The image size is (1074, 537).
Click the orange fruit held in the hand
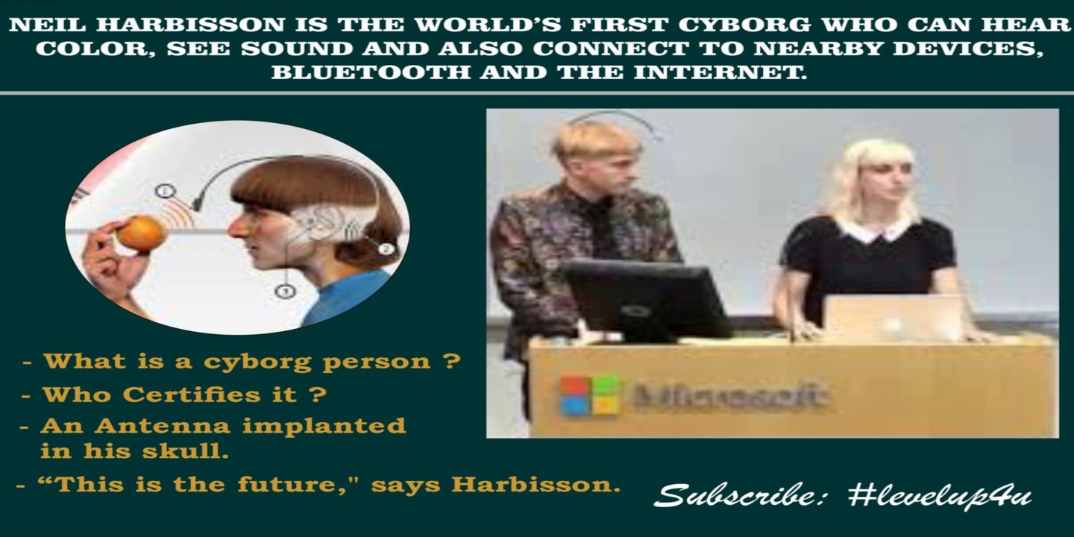pos(141,232)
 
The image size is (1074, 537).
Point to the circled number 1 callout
pos(165,191)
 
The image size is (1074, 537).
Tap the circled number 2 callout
pos(386,249)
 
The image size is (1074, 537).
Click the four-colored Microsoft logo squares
pos(590,395)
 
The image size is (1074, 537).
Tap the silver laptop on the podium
pos(893,318)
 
